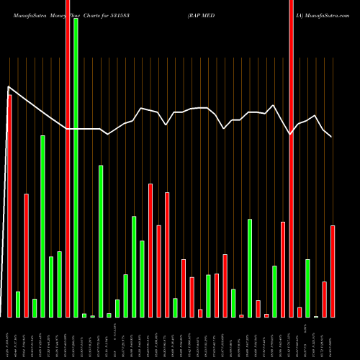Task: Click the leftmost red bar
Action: click(9, 205)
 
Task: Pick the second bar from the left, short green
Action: click(18, 304)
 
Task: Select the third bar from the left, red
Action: click(26, 255)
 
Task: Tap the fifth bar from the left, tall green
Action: click(42, 226)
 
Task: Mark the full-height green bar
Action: click(76, 167)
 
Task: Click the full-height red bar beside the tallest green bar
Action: click(68, 158)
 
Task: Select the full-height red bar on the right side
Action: click(291, 158)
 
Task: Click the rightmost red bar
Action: click(333, 271)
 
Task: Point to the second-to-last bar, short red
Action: click(324, 299)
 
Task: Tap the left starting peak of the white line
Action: click(9, 88)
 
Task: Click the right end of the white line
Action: click(332, 136)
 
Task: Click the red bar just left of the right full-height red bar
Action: click(283, 269)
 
